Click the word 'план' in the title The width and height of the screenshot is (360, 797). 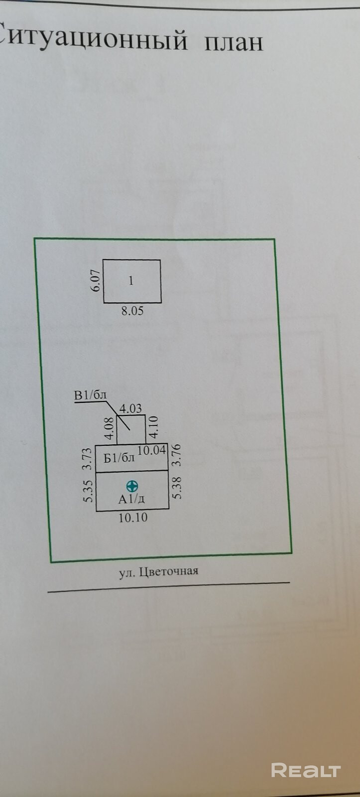click(234, 42)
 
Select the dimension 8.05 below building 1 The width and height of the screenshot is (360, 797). click(132, 311)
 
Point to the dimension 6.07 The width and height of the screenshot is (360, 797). click(97, 280)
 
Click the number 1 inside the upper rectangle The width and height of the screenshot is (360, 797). click(131, 281)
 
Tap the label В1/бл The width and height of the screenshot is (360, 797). click(90, 396)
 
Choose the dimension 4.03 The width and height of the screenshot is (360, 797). click(131, 408)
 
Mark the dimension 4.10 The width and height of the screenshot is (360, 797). click(153, 427)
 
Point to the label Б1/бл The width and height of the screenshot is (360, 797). click(119, 458)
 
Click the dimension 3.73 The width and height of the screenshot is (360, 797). click(88, 459)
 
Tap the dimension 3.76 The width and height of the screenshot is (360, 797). click(176, 455)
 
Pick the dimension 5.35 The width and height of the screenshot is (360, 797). click(89, 490)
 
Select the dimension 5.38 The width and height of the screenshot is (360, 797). click(177, 488)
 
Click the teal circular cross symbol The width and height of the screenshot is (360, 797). click(132, 486)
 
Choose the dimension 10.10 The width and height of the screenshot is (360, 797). click(133, 518)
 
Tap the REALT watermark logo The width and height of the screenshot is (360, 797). click(306, 771)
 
